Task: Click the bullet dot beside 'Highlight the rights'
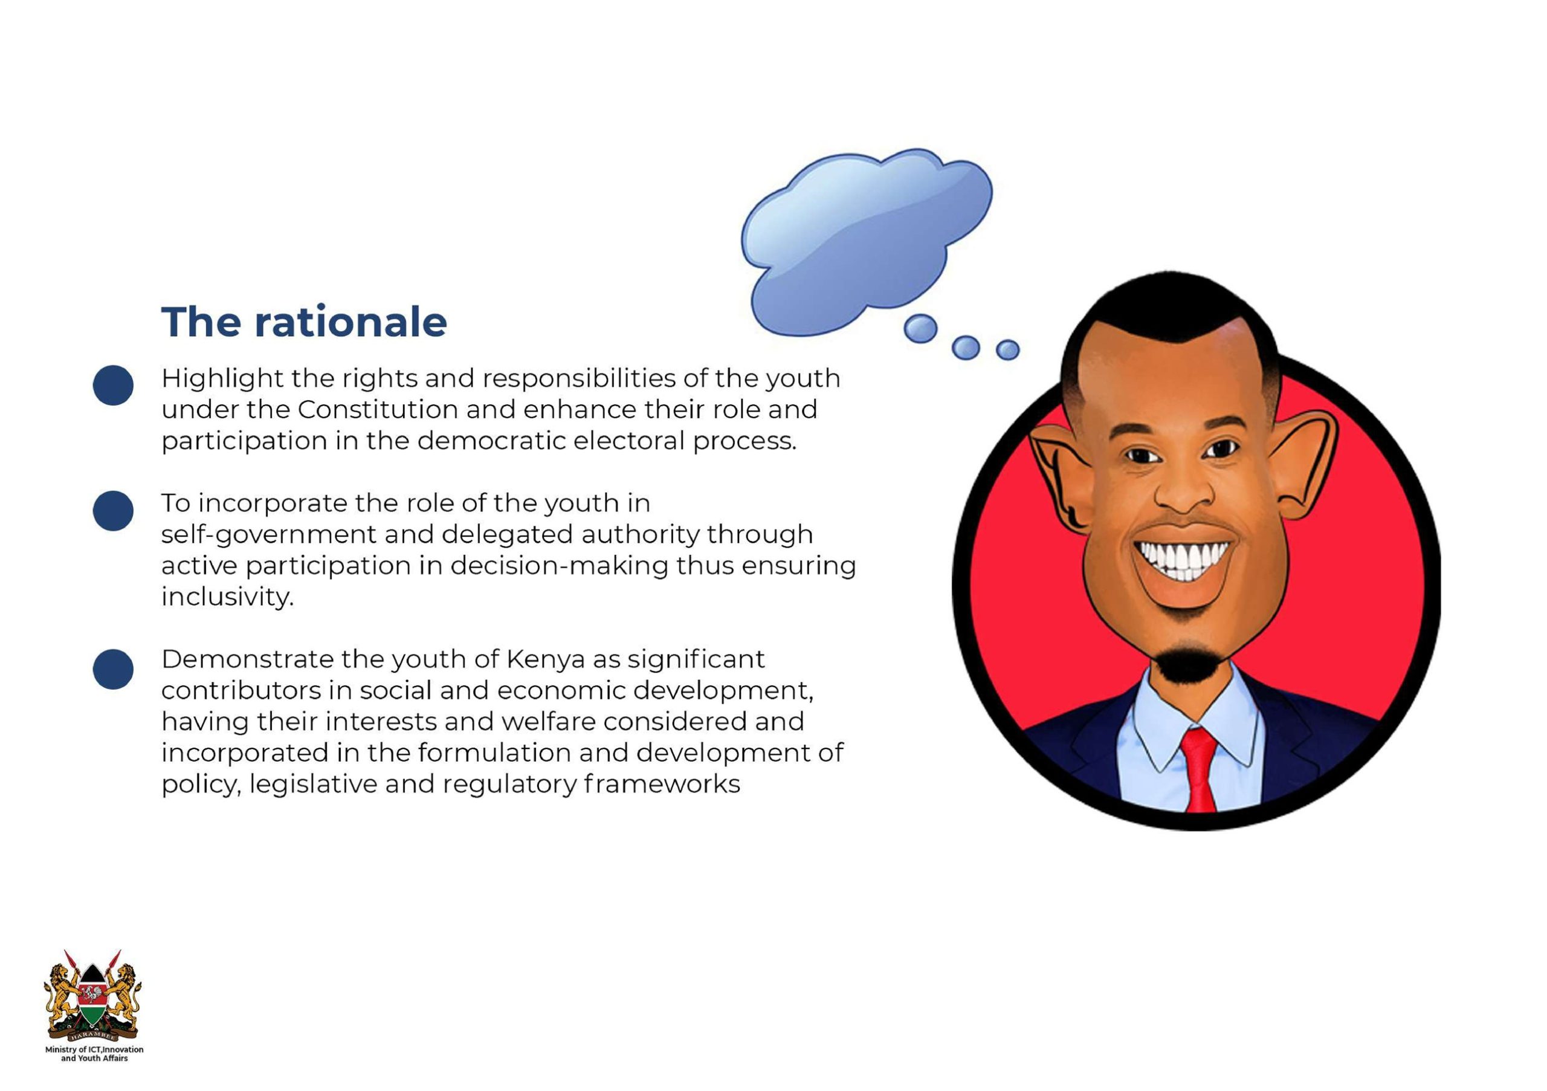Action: tap(113, 386)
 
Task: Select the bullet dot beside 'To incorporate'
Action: tap(113, 511)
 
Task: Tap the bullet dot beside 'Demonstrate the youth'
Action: tap(113, 669)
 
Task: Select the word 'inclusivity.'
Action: tap(228, 597)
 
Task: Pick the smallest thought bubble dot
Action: tap(1007, 350)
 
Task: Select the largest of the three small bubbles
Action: tap(920, 329)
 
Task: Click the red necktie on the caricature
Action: tap(1200, 768)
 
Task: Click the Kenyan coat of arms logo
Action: tap(93, 996)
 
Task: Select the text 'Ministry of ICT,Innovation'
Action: tap(94, 1049)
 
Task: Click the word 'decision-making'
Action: tap(558, 566)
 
